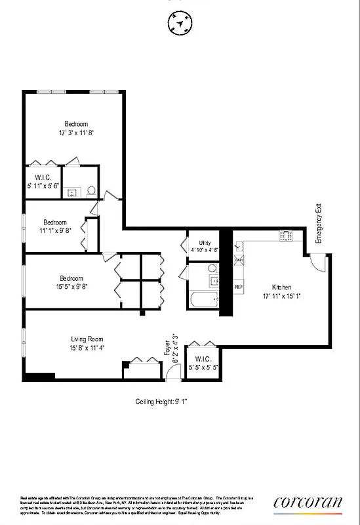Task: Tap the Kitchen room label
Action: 282,287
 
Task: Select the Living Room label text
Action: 87,339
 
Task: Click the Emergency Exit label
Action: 319,224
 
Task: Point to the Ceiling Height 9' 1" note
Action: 161,401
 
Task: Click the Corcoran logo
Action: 308,503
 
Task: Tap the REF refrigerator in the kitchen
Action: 239,287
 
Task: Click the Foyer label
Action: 167,351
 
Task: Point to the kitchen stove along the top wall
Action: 287,234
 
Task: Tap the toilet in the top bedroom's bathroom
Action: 91,191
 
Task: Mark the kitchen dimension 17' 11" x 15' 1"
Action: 282,297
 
